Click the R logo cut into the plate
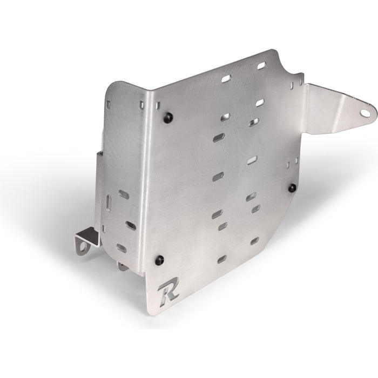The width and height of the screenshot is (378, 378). pos(168,292)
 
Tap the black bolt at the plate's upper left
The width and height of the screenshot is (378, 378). pos(168,118)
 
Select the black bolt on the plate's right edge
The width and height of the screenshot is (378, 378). pos(293,188)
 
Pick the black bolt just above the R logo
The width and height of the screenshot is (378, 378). pos(160,260)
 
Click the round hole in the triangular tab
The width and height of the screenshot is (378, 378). pos(365,113)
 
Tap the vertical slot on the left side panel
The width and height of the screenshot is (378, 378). pos(109,202)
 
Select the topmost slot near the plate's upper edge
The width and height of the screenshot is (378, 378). pos(261,65)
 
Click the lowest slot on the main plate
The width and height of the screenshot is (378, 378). pos(222,259)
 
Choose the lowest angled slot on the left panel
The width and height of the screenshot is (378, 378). pos(122,248)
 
